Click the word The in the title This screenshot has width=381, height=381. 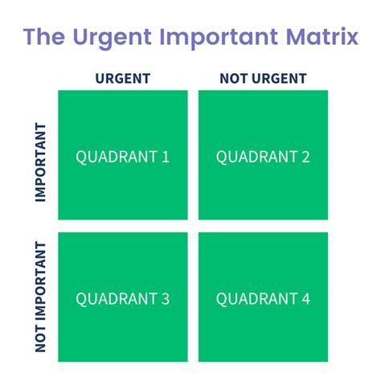pos(44,36)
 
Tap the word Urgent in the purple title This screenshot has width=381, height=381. pos(113,39)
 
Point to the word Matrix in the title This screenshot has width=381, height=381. pos(322,36)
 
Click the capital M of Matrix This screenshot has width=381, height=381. pos(296,37)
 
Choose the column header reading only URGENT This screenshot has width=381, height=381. pos(123,79)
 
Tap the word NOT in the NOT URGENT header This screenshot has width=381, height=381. pos(233,79)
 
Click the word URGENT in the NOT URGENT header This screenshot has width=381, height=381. pos(279,79)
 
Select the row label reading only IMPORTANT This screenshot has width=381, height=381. pos(40,162)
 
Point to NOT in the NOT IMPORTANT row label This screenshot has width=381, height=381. pos(40,338)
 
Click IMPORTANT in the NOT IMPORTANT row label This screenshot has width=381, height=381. pos(40,281)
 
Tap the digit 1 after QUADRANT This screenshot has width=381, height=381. pos(166,157)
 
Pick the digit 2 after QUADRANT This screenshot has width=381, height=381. pos(305,157)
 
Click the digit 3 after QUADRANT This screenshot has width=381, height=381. pos(166,298)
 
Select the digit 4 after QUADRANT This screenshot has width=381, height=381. pos(305,298)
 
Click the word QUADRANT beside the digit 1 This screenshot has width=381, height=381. pos(117,157)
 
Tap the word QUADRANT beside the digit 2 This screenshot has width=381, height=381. pos(257,157)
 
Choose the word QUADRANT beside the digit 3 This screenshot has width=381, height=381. pos(117,299)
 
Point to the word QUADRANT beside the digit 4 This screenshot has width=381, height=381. pos(257,299)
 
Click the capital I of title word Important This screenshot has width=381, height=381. pos(162,37)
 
